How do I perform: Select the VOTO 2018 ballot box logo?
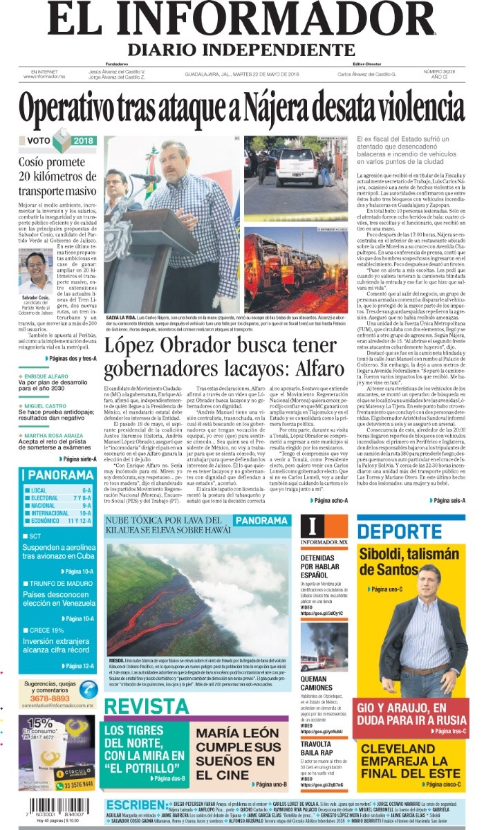[61, 140]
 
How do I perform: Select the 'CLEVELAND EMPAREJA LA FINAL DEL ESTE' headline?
[410, 761]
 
